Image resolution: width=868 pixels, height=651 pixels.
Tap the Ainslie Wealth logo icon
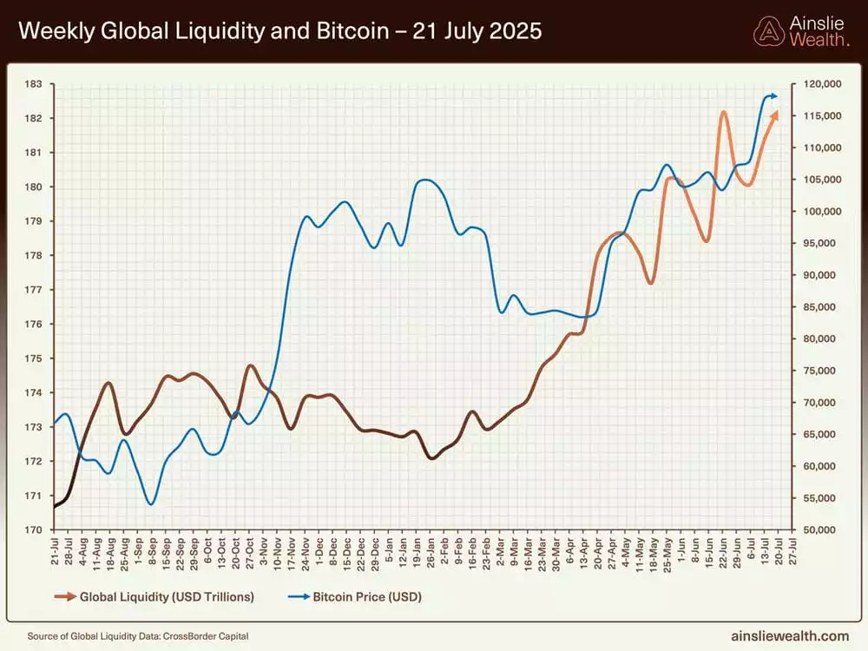[x=767, y=31]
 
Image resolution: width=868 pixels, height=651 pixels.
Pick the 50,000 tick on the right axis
[x=819, y=529]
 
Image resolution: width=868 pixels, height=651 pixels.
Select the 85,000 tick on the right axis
[x=819, y=306]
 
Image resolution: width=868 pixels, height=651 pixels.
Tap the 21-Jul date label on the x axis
[x=56, y=551]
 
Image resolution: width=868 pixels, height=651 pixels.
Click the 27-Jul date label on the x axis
[x=792, y=551]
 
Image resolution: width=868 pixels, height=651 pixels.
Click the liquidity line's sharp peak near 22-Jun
[x=723, y=112]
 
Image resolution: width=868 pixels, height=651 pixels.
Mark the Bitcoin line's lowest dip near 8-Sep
[x=151, y=503]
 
